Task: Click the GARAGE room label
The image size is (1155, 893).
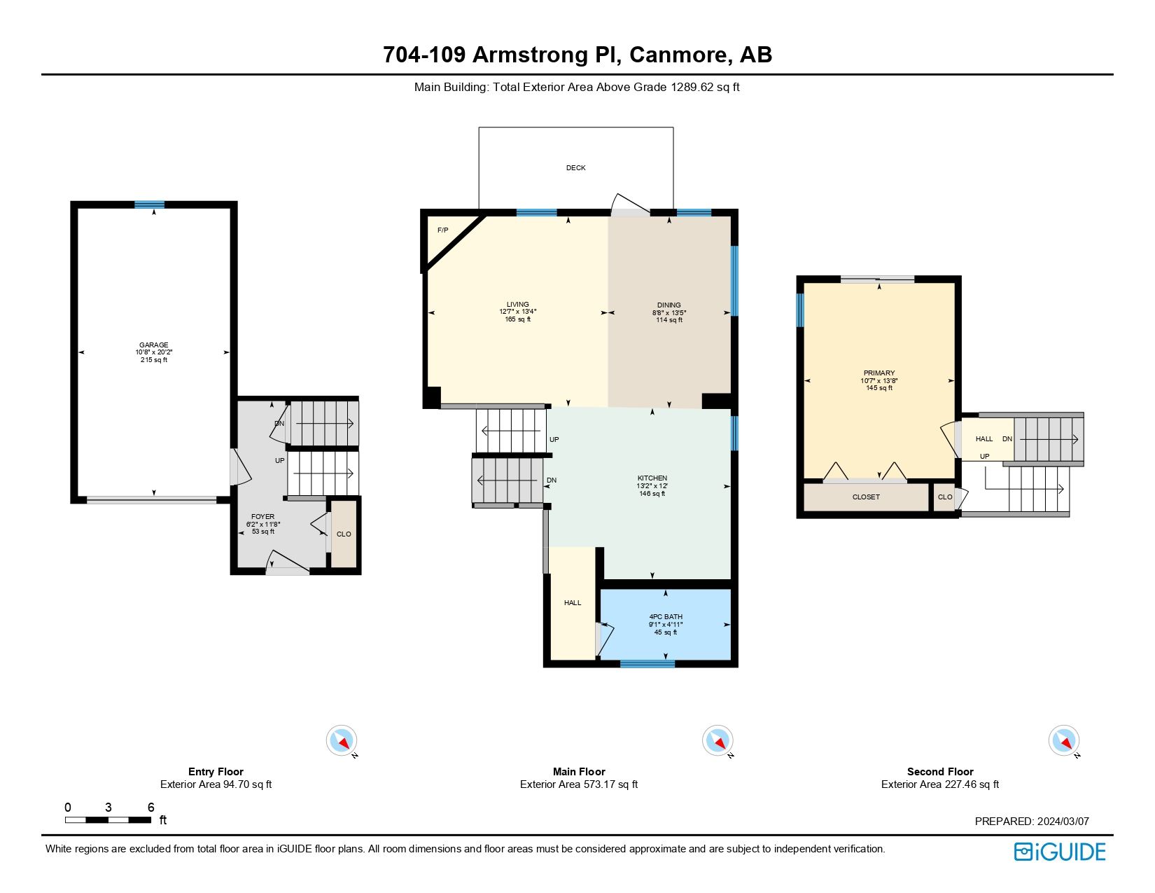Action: (x=153, y=345)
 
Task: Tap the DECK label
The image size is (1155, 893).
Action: (x=575, y=167)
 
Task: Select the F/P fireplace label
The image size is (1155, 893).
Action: (x=443, y=230)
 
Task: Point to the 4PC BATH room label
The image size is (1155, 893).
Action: (x=666, y=616)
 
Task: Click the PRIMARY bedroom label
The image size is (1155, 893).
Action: (x=879, y=373)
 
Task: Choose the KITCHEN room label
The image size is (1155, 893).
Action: (x=652, y=478)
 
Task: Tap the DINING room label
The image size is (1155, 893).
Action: (x=668, y=305)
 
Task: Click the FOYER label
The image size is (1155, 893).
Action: (x=262, y=516)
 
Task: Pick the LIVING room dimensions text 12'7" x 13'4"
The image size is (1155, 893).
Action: (x=518, y=312)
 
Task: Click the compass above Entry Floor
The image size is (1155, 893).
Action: (x=341, y=740)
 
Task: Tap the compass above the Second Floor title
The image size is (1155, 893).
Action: (x=1063, y=740)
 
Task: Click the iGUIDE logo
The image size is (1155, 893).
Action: (x=1059, y=852)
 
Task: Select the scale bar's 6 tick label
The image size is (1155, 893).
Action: (x=151, y=808)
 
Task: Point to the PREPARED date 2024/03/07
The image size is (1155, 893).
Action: (x=1063, y=821)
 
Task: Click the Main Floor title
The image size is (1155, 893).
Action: (x=579, y=771)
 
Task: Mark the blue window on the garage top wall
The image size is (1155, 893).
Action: (x=149, y=205)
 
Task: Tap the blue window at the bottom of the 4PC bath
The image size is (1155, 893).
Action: (x=647, y=663)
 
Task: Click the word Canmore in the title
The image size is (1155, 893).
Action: (x=678, y=55)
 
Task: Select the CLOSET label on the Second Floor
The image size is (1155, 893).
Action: (x=866, y=497)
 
